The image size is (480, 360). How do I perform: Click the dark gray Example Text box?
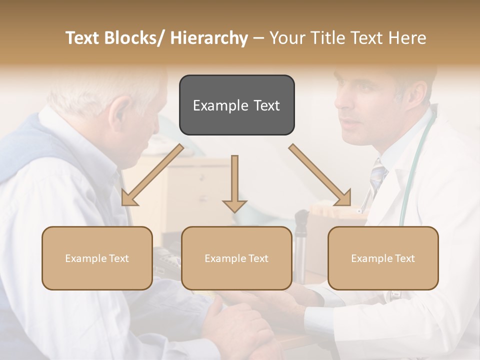pyautogui.click(x=236, y=105)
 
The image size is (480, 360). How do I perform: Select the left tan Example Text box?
pyautogui.click(x=97, y=258)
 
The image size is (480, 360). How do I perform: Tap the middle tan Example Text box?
pyautogui.click(x=236, y=258)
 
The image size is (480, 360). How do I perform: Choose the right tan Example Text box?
pyautogui.click(x=383, y=258)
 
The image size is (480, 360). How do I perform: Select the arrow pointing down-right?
pyautogui.click(x=320, y=175)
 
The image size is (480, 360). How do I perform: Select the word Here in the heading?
pyautogui.click(x=406, y=38)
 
